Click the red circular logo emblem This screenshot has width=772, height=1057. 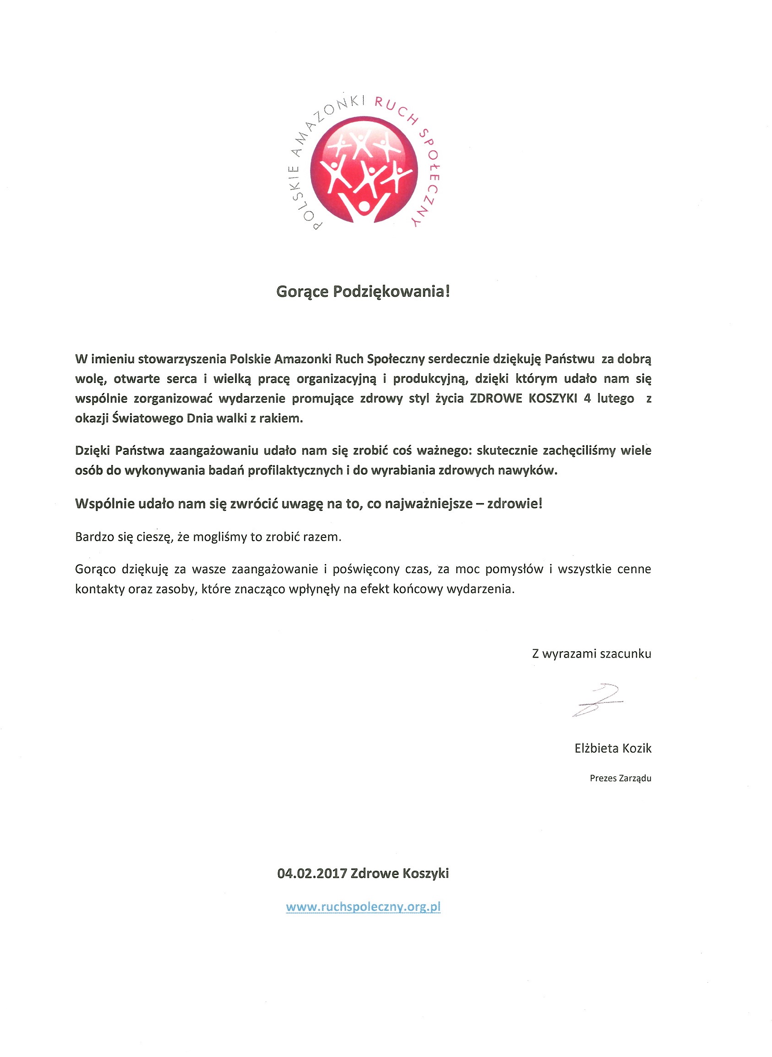click(363, 169)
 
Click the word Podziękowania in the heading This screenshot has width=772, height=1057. click(391, 292)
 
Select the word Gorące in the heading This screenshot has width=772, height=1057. click(302, 292)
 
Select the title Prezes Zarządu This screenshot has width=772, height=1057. click(620, 779)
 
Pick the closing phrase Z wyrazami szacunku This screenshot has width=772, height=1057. click(591, 654)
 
